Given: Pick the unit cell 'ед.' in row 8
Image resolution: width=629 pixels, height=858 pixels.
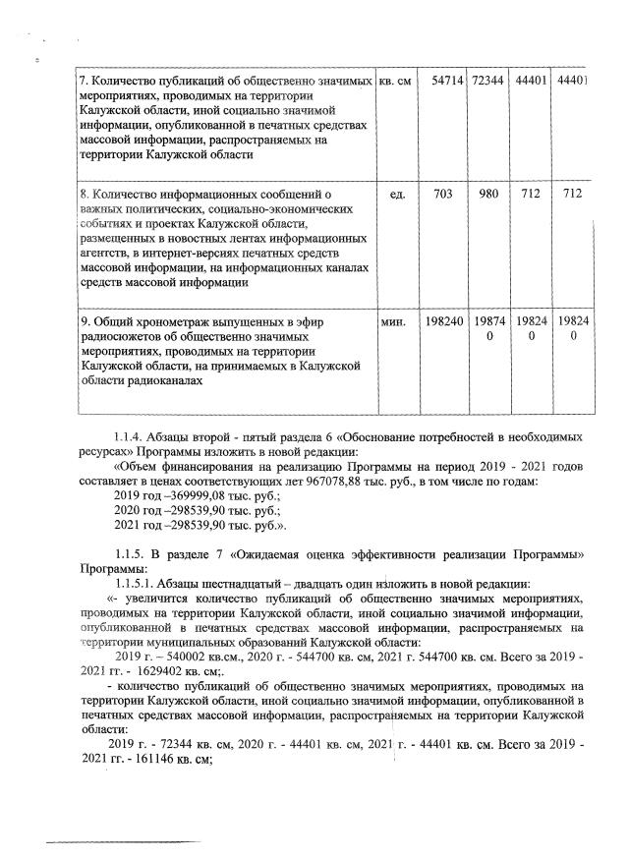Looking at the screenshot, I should tap(398, 195).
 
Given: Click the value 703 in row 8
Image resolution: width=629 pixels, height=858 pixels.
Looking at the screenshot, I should tap(442, 195).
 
